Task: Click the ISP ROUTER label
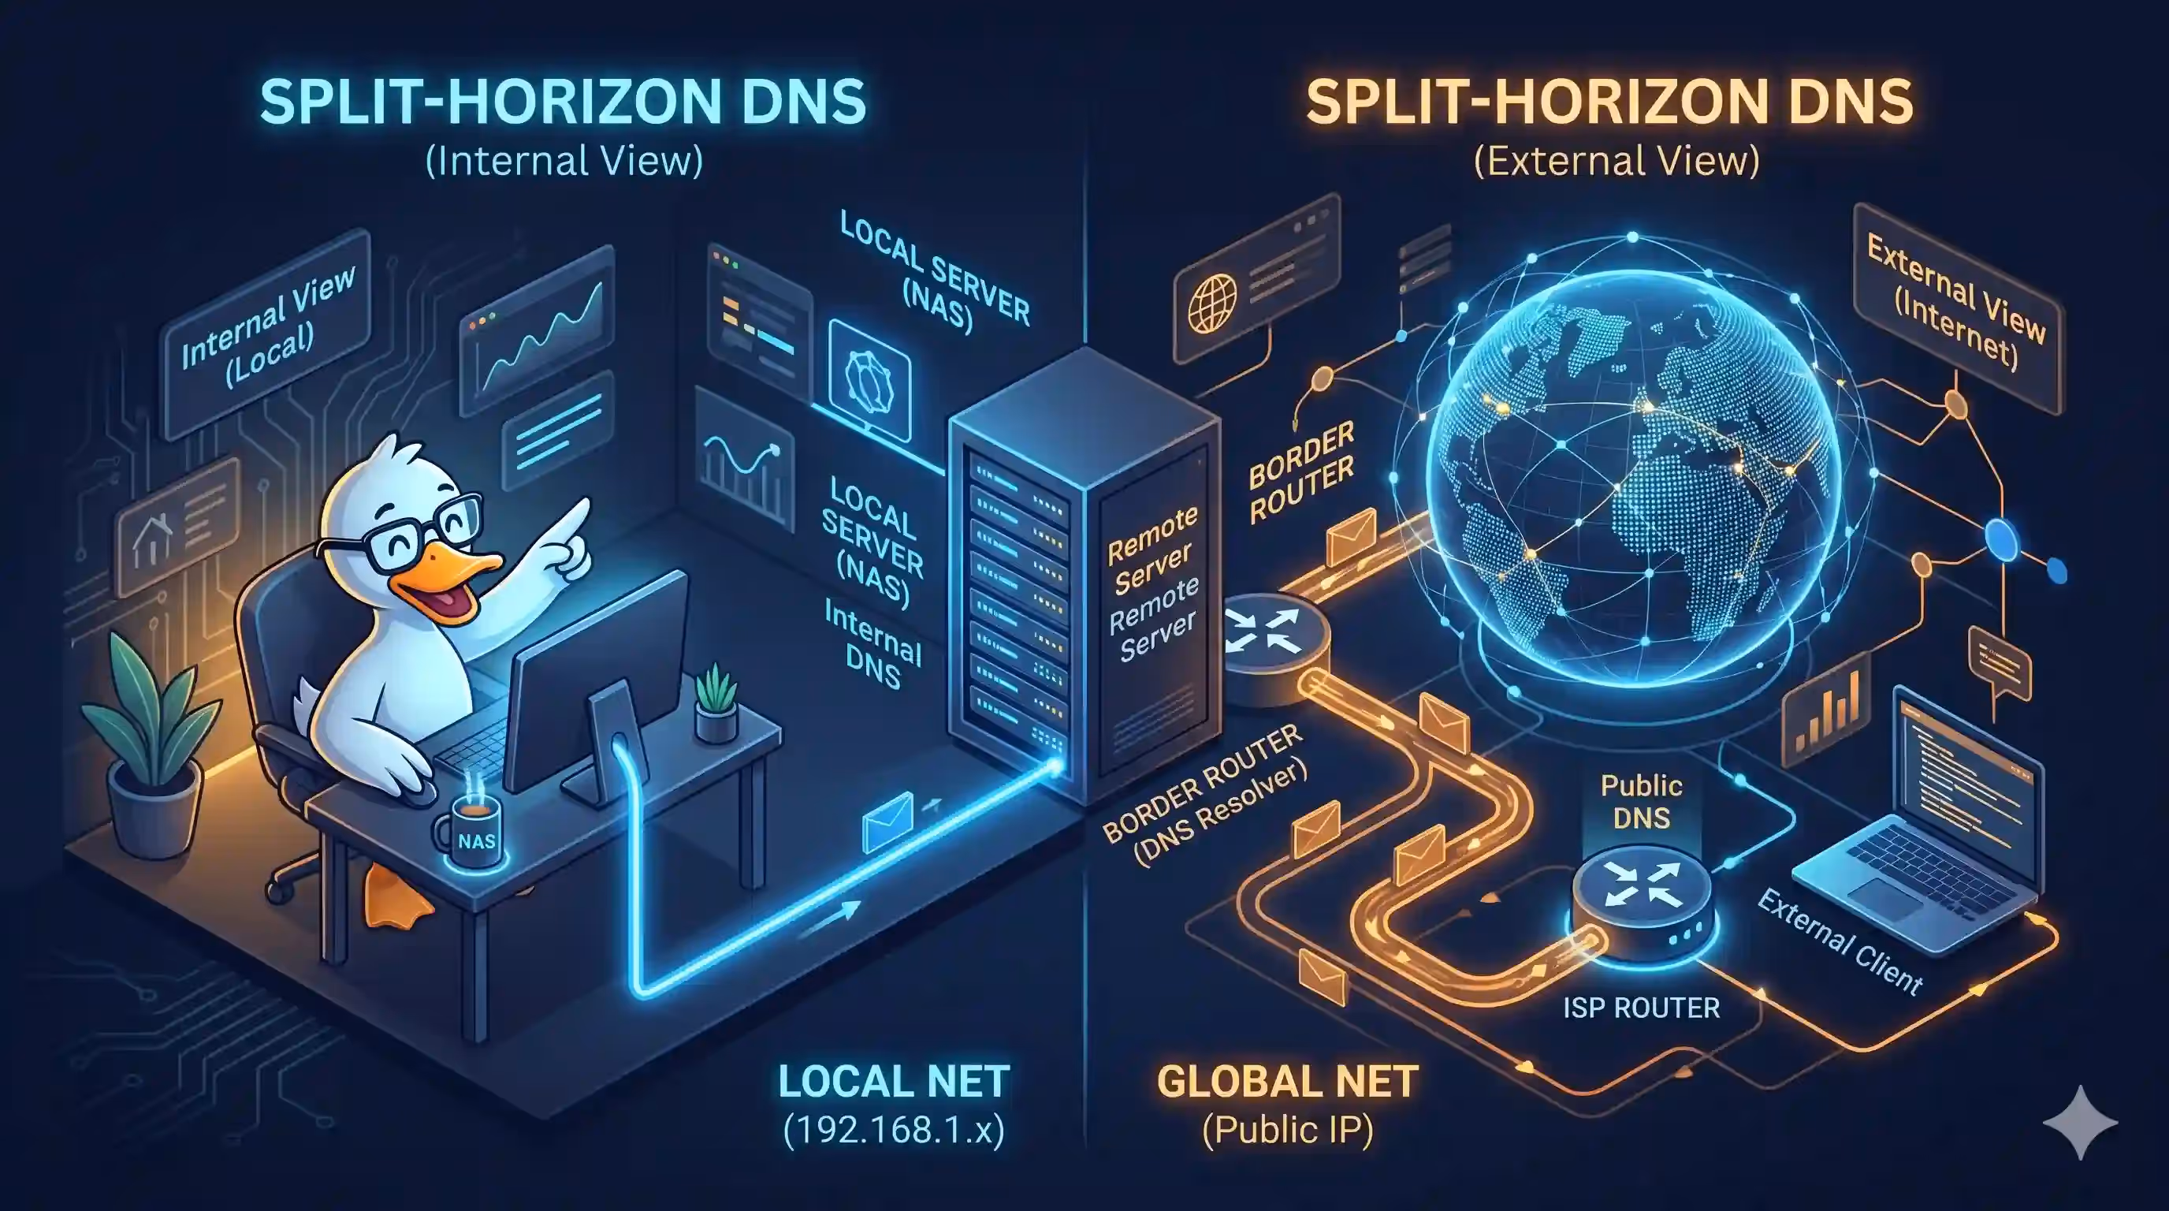tap(1641, 1008)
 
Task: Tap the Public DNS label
tap(1641, 801)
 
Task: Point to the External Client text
tap(1840, 941)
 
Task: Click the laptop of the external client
tap(1928, 833)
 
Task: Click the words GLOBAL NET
tap(1287, 1082)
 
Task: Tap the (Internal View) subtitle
tap(564, 161)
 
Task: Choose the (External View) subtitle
tap(1617, 161)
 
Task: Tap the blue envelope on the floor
tap(887, 819)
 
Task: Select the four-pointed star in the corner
tap(2080, 1123)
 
